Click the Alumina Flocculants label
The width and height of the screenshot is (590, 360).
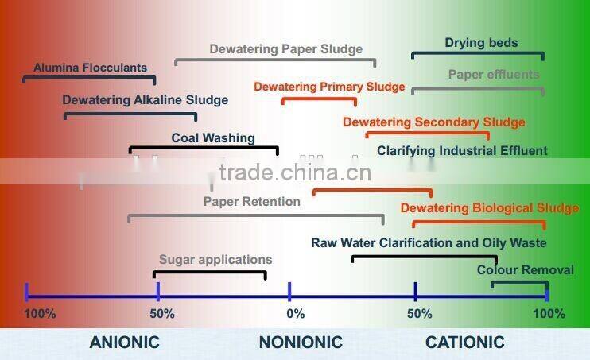click(x=90, y=68)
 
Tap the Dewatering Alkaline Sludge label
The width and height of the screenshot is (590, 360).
click(x=145, y=100)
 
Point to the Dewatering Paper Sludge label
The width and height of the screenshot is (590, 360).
click(x=285, y=49)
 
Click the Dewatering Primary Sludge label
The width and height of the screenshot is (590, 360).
click(x=329, y=87)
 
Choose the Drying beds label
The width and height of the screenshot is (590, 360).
click(x=481, y=43)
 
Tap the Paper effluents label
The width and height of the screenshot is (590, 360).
click(x=494, y=75)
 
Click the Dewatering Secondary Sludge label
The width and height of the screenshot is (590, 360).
click(x=433, y=122)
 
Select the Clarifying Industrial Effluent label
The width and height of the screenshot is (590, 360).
click(x=462, y=150)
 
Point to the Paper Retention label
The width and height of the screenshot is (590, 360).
click(x=251, y=202)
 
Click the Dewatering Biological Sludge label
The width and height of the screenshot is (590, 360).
click(x=489, y=208)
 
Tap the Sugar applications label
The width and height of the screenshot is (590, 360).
click(x=215, y=260)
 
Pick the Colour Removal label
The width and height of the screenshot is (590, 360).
click(x=525, y=270)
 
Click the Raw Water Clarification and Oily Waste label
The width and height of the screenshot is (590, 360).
click(x=429, y=243)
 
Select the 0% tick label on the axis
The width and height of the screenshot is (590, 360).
click(x=295, y=314)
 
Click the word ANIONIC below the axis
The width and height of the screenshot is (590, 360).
click(x=124, y=343)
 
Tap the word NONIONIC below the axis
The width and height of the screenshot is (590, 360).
click(x=301, y=343)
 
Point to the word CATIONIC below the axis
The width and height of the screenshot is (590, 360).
click(x=465, y=343)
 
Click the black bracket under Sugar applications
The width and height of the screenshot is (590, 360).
click(x=210, y=273)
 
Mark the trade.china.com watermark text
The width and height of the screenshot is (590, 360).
click(x=294, y=173)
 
